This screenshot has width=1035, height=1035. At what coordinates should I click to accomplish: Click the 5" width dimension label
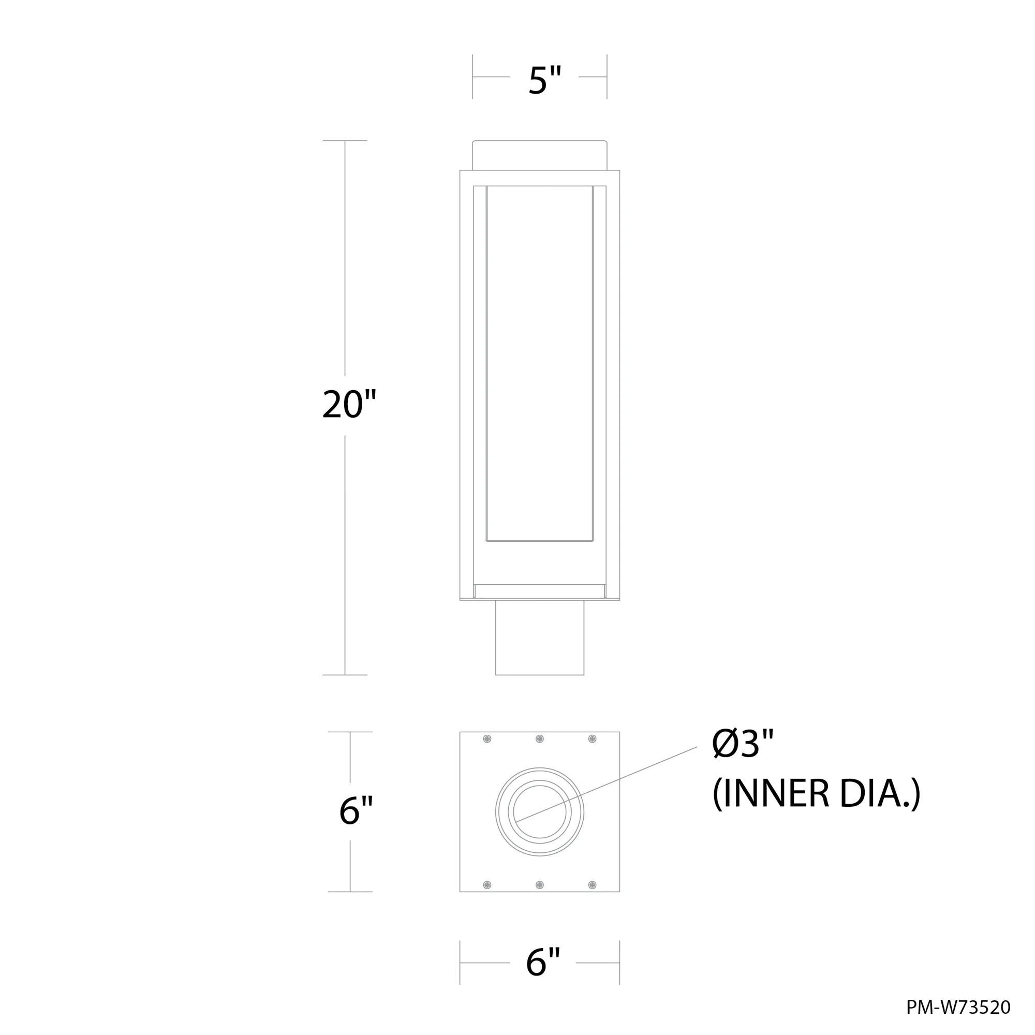544,81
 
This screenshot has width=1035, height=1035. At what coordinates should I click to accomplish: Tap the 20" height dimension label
349,405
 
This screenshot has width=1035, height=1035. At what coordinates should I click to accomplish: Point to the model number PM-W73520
958,1008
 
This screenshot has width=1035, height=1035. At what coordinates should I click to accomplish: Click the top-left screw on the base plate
487,740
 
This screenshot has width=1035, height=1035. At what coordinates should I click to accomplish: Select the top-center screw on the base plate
539,740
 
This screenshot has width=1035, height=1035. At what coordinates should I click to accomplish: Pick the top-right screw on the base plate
592,740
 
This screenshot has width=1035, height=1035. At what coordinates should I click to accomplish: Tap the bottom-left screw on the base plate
487,884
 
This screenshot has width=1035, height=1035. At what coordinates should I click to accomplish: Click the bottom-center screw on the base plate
539,884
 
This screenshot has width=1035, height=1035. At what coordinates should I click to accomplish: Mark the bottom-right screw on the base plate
592,884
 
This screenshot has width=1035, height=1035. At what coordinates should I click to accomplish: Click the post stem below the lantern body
539,638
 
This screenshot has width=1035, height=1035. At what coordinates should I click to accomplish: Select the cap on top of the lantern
539,155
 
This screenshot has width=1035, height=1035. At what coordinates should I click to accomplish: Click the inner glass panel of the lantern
539,364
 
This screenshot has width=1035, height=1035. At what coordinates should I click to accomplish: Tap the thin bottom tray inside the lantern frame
539,591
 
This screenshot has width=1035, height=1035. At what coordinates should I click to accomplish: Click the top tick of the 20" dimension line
345,141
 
